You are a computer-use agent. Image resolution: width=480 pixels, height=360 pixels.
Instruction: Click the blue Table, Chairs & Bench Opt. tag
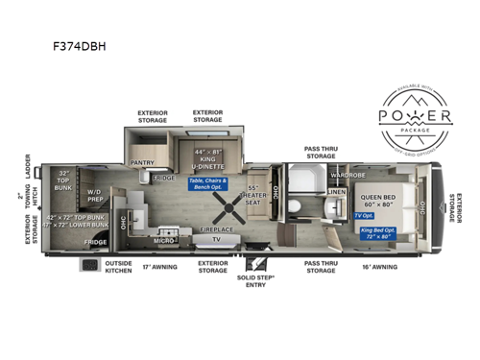tap(209, 182)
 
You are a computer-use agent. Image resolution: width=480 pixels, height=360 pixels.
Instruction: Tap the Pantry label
tap(142, 162)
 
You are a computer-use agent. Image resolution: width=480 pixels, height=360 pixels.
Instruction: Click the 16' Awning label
tap(380, 266)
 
